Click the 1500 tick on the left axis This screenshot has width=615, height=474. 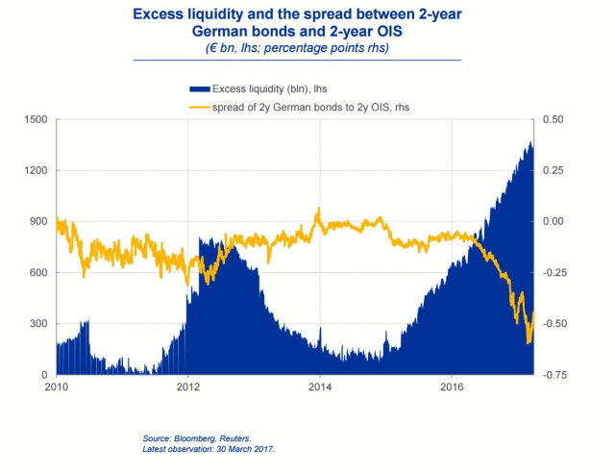tap(35, 120)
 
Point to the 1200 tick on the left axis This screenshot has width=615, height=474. tap(35, 171)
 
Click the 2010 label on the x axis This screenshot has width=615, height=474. tap(57, 387)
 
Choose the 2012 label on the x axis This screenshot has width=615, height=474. tap(188, 387)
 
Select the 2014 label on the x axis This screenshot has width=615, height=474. tap(320, 387)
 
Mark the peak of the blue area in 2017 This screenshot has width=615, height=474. tap(531, 141)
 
